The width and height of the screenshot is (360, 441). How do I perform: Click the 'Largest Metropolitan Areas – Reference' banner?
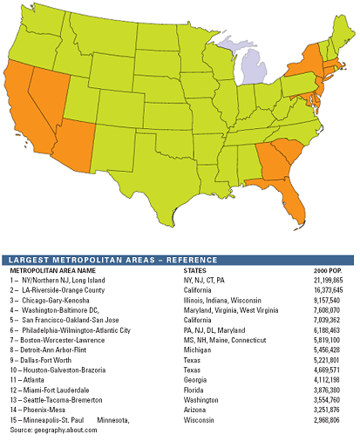pos(180,260)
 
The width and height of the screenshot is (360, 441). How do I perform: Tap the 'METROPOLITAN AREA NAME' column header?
pos(51,271)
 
